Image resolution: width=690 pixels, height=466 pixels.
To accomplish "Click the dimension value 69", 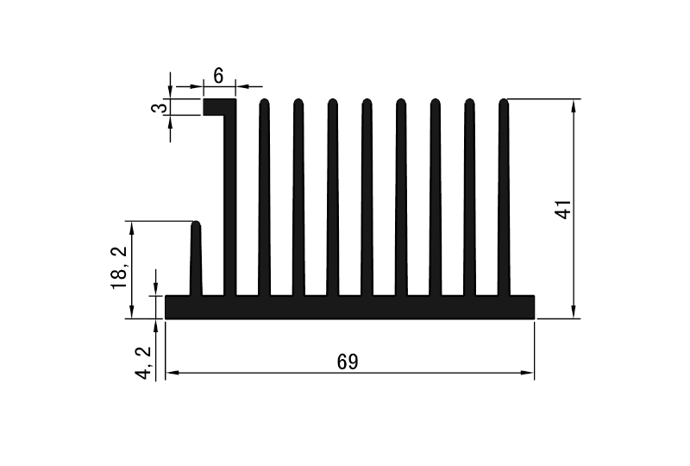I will [x=348, y=362].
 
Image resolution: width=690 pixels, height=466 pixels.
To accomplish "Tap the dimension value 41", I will [x=563, y=209].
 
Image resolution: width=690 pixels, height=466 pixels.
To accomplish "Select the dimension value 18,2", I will [x=119, y=268].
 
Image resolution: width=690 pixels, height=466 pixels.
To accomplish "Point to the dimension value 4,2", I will [x=145, y=361].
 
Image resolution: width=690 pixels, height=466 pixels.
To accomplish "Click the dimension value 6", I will [x=218, y=76].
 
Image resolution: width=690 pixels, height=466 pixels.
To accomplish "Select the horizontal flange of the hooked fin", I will [x=219, y=107].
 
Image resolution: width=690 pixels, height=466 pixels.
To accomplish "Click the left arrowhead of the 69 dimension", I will [x=171, y=373].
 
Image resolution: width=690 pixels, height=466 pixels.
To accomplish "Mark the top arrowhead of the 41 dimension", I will [x=574, y=104].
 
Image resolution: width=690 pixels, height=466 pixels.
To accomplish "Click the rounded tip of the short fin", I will [x=196, y=226].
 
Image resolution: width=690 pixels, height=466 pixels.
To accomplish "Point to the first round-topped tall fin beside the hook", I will [x=264, y=198].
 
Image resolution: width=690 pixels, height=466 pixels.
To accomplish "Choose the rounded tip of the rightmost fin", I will [x=504, y=104].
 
